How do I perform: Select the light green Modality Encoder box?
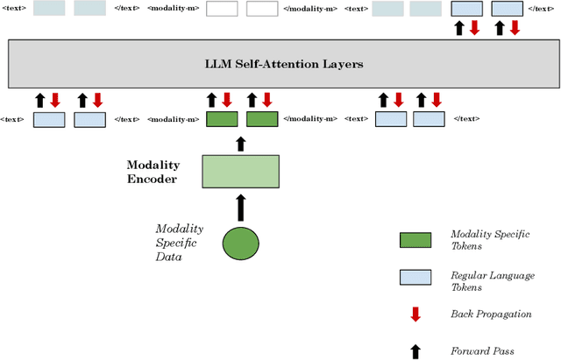(x=241, y=171)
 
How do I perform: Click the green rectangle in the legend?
(x=415, y=239)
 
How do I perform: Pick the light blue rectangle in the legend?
(x=415, y=277)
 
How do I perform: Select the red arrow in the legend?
(x=415, y=314)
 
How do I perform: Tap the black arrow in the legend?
(x=415, y=350)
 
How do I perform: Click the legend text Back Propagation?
(x=491, y=314)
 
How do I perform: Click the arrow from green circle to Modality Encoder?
(x=241, y=208)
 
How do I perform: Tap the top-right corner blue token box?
(x=508, y=9)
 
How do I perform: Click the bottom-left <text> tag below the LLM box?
(x=12, y=119)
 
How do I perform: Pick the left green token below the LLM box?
(x=222, y=119)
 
